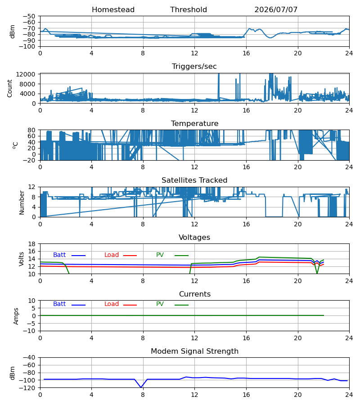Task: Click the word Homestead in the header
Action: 113,10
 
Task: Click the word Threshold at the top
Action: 189,10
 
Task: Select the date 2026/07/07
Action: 276,10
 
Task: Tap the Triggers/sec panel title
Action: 194,67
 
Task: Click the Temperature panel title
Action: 194,123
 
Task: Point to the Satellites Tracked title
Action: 194,180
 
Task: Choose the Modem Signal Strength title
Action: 194,351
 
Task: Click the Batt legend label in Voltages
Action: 59,255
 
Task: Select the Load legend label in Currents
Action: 112,304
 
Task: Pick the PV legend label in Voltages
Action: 160,255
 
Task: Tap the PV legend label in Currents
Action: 160,304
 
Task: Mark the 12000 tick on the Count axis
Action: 26,74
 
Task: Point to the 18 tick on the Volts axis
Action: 32,244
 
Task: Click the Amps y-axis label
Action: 16,316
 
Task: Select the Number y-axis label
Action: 22,202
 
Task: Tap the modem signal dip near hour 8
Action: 141,387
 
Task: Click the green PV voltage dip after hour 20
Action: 317,273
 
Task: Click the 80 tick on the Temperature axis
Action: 32,130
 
